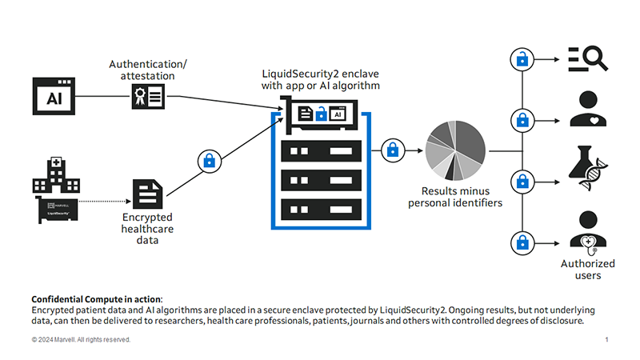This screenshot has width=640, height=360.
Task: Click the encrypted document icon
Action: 148,193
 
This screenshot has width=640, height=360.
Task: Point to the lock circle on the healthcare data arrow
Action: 209,161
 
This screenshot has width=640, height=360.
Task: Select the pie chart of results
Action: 455,150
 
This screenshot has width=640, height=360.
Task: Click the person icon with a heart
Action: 588,110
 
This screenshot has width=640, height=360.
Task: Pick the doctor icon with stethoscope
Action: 588,230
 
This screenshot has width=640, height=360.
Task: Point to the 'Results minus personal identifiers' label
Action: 455,197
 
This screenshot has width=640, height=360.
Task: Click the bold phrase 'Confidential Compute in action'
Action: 96,298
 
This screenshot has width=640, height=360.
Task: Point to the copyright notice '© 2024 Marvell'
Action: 81,340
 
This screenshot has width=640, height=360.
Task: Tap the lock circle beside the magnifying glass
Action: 522,58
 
